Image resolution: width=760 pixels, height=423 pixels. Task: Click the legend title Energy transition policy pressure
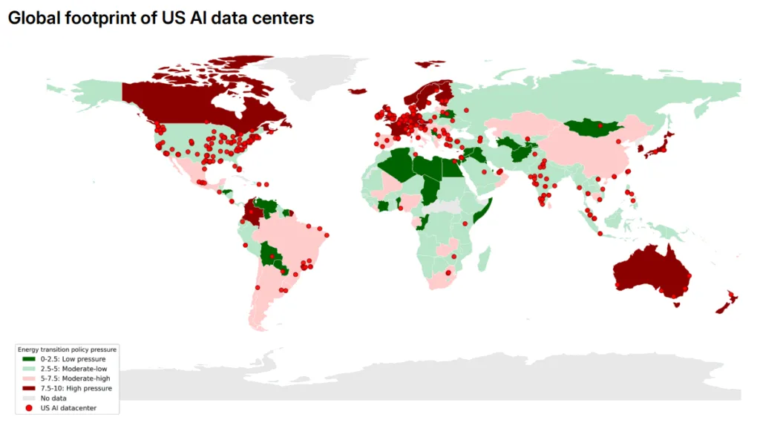(68, 349)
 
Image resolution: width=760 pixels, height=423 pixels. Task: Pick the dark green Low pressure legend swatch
(29, 359)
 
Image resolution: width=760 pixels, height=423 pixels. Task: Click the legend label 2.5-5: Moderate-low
(73, 369)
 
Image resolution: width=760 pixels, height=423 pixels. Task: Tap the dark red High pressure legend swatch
(29, 388)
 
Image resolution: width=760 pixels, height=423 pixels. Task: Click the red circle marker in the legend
(29, 407)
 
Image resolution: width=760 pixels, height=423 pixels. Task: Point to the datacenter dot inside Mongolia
(600, 125)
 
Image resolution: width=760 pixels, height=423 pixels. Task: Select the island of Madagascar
(483, 259)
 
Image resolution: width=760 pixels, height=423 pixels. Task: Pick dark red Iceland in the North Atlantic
(358, 91)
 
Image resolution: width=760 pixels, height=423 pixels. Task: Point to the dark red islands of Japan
(660, 147)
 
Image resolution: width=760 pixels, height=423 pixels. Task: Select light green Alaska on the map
(96, 93)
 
